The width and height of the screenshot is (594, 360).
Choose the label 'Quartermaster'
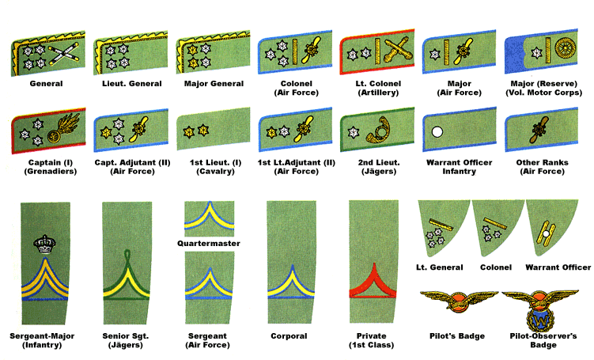click(210, 243)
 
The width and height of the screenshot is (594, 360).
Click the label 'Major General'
click(210, 82)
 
